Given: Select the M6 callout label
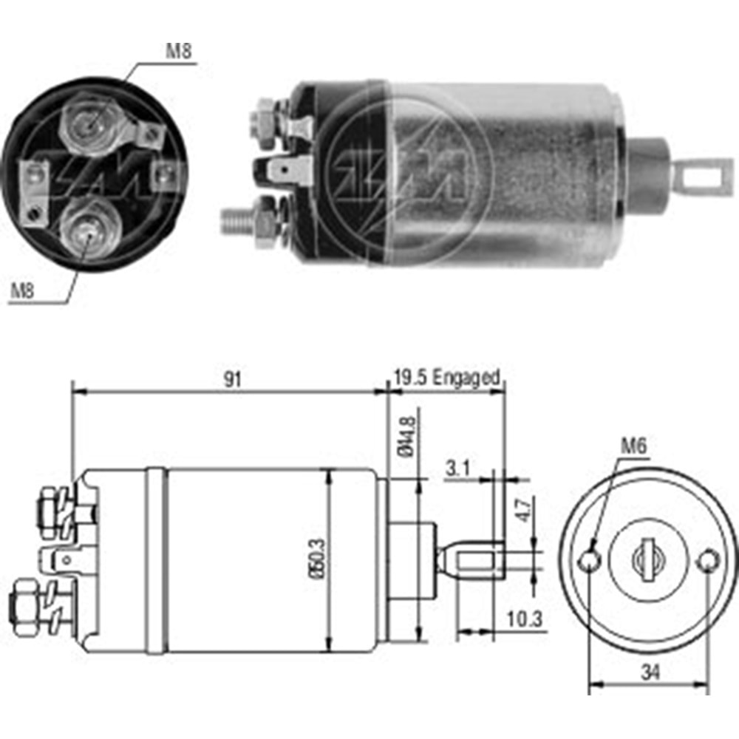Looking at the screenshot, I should point(633,446).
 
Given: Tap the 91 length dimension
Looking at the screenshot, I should point(233,379).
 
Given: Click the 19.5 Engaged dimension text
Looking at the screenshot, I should point(446,378).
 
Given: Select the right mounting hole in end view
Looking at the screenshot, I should point(708,560).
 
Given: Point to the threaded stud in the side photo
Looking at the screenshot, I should point(236,219).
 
